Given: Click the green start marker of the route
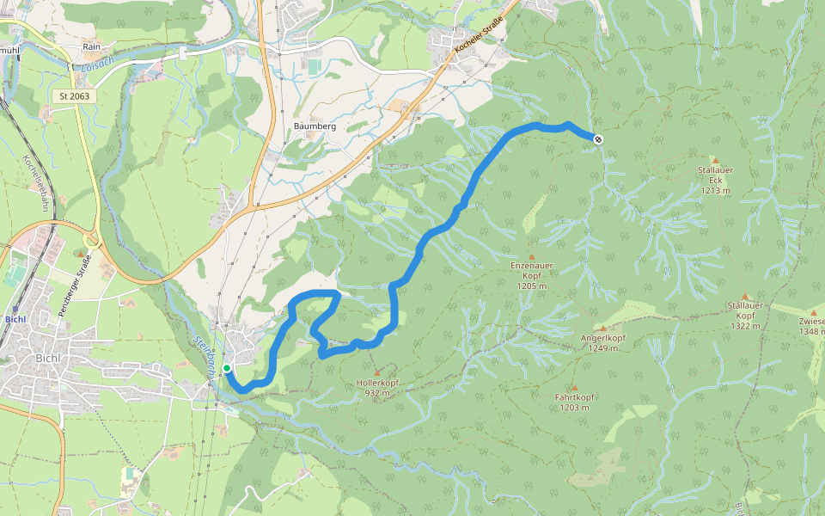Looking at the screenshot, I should (227, 368).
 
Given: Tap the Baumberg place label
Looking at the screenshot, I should (315, 126).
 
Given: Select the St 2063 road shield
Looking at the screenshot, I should (75, 96).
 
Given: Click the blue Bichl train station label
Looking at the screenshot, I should (17, 319).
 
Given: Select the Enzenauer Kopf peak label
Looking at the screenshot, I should (531, 276).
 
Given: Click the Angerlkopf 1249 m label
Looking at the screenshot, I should (602, 343).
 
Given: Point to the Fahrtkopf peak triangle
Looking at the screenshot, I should (574, 388).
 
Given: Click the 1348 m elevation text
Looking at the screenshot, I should (810, 331).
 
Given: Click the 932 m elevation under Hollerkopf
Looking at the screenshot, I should (377, 393).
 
